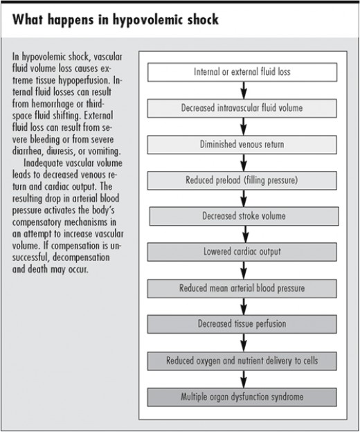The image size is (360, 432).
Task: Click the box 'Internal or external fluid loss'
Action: point(242,72)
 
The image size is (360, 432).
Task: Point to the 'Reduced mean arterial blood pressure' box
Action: point(242,287)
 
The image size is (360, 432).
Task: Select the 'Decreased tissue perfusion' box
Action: point(242,323)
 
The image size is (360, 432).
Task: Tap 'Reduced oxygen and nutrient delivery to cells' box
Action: point(242,361)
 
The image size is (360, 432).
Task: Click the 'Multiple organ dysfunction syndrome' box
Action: point(242,397)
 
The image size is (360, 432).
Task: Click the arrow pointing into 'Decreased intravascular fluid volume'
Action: point(244,90)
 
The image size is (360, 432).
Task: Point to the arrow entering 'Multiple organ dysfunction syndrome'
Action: point(244,379)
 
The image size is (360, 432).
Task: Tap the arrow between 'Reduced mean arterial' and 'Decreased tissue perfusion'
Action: point(244,305)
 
